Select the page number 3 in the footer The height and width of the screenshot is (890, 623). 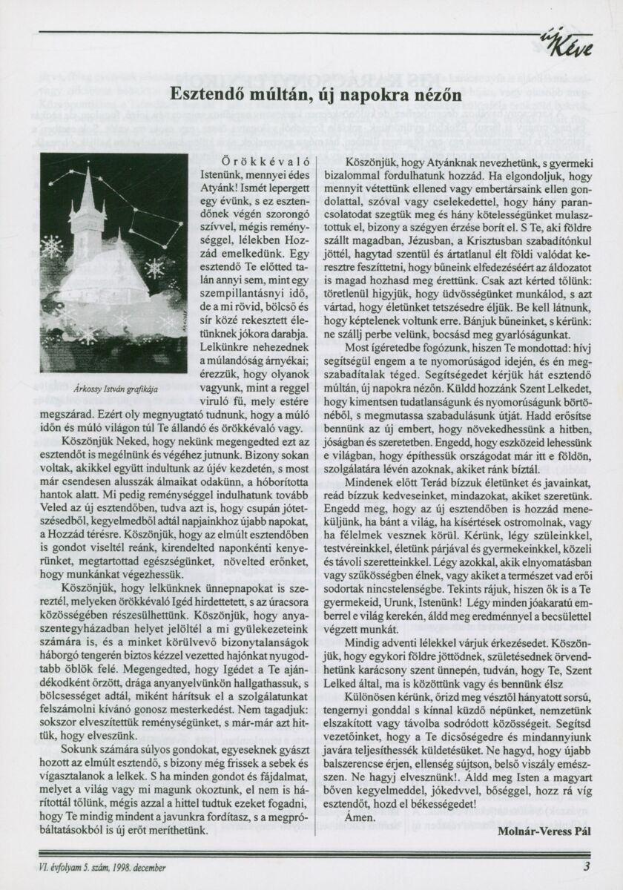[x=586, y=866]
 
